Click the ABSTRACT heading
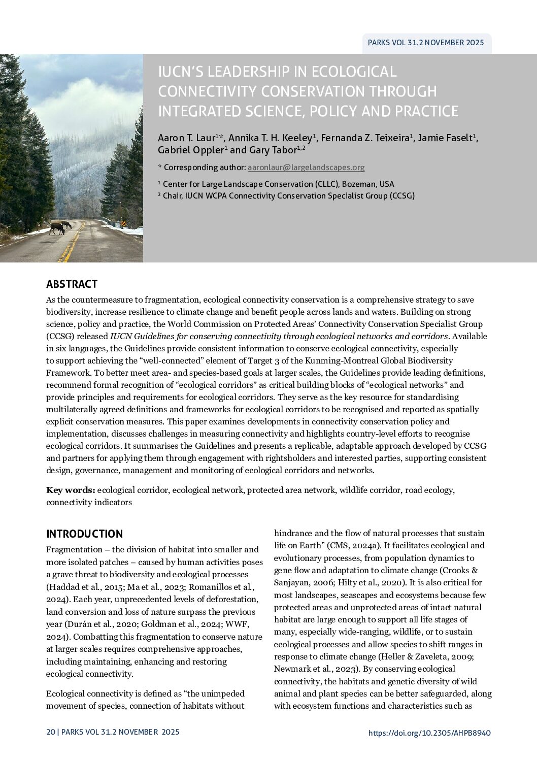(x=72, y=284)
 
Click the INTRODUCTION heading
(x=84, y=534)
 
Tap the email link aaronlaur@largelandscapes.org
(x=306, y=168)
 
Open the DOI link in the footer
(x=429, y=733)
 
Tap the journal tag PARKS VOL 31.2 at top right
(x=426, y=43)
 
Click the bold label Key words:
(x=71, y=490)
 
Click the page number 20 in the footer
(x=50, y=732)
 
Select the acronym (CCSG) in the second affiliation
(x=402, y=196)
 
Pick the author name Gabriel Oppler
(x=191, y=150)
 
